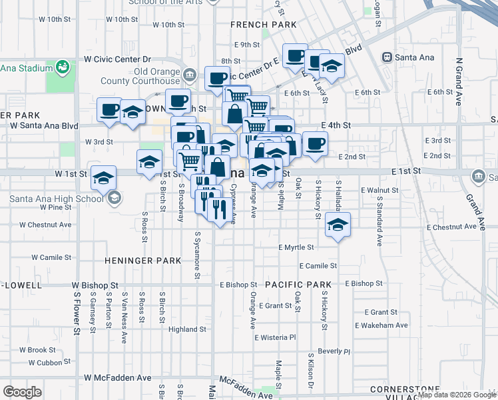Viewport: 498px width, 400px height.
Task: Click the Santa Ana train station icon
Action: coord(385,57)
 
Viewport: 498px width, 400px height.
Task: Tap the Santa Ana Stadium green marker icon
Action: coord(63,67)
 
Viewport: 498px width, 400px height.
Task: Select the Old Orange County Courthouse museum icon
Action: coord(190,74)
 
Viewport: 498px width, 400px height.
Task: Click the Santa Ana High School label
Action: coord(56,197)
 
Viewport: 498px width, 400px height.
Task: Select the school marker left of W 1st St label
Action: coord(104,177)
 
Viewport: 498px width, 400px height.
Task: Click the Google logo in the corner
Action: coord(23,391)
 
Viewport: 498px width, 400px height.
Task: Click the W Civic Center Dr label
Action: coord(119,59)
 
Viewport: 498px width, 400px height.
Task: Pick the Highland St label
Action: coord(187,329)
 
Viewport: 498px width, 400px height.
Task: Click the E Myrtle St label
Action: coord(296,247)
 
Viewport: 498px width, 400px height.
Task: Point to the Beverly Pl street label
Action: coord(334,351)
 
